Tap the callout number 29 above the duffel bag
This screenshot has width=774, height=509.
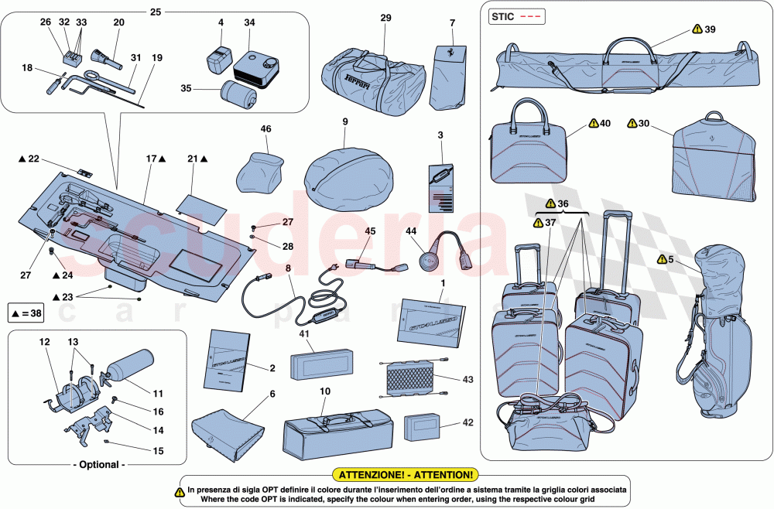tap(386, 17)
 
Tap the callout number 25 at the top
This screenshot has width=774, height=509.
tap(156, 12)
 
